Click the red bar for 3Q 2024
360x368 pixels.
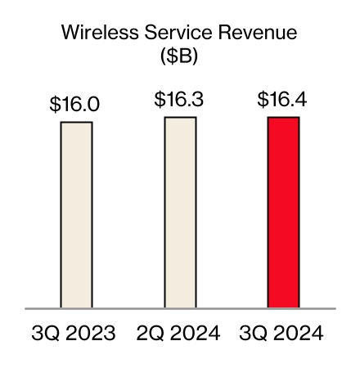click(x=283, y=213)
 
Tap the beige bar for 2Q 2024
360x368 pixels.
click(x=180, y=213)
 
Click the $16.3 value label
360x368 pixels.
click(x=180, y=100)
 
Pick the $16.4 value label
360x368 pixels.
click(x=284, y=100)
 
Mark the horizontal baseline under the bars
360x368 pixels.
click(x=180, y=309)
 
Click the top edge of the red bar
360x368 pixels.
click(x=283, y=118)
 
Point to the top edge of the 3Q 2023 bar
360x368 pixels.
click(x=76, y=123)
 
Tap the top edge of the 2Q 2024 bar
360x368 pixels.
click(x=180, y=118)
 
